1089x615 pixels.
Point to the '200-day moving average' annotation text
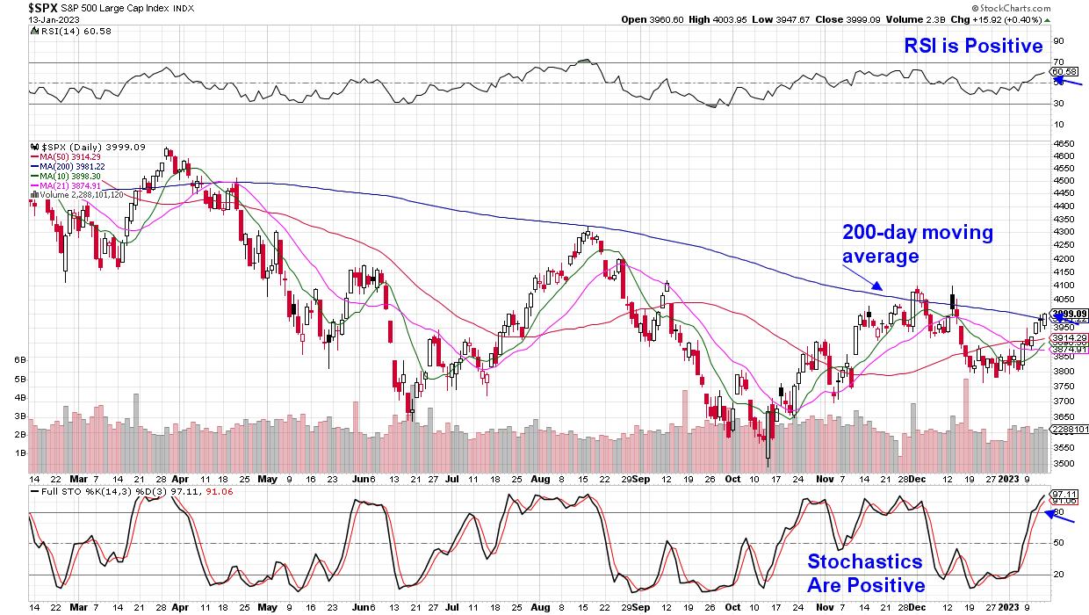coord(918,244)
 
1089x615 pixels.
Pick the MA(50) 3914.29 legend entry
coord(69,157)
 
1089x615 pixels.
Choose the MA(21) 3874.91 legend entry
coord(69,186)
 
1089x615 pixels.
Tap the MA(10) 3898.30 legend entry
coord(69,177)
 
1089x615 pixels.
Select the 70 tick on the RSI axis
coord(1057,61)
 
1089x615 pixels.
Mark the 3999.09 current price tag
coord(1070,314)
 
